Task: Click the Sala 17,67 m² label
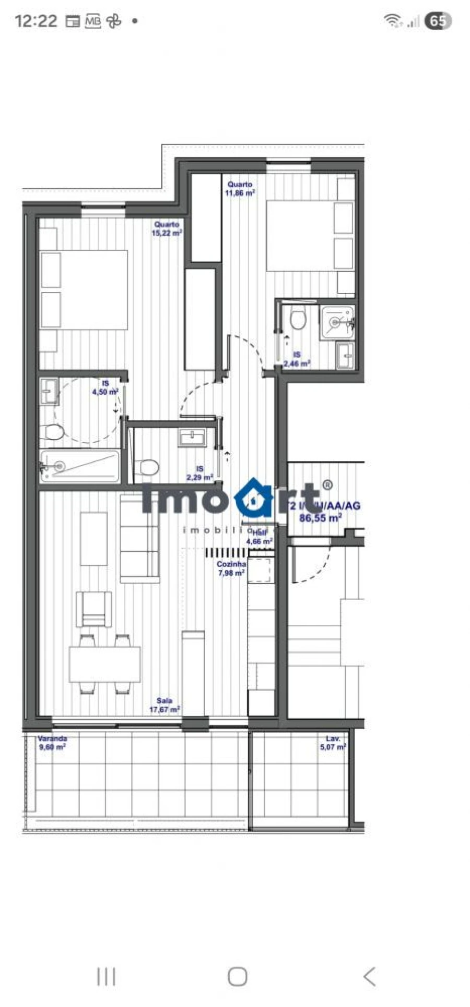click(164, 705)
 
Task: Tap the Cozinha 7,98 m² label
click(231, 568)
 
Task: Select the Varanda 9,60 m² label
click(52, 743)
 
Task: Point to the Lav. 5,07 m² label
click(333, 743)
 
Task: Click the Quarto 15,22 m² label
click(167, 228)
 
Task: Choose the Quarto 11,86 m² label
click(240, 188)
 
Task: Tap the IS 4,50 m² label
click(105, 387)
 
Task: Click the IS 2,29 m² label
click(199, 473)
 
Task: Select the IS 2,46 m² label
click(297, 359)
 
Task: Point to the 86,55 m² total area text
click(320, 518)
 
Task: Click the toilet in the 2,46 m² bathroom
click(298, 319)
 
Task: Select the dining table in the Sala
click(105, 664)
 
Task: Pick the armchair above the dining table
click(93, 609)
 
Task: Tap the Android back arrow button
click(369, 976)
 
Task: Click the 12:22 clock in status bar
click(36, 21)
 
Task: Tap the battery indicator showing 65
click(438, 21)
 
